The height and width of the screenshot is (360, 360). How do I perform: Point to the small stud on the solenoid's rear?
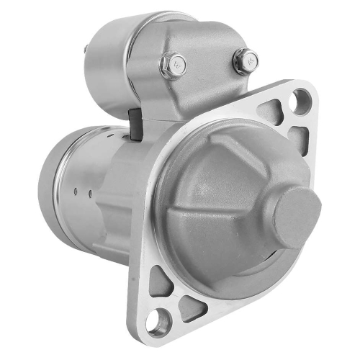pos(86,50)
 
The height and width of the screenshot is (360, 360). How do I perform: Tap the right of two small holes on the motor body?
pos(89,194)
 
